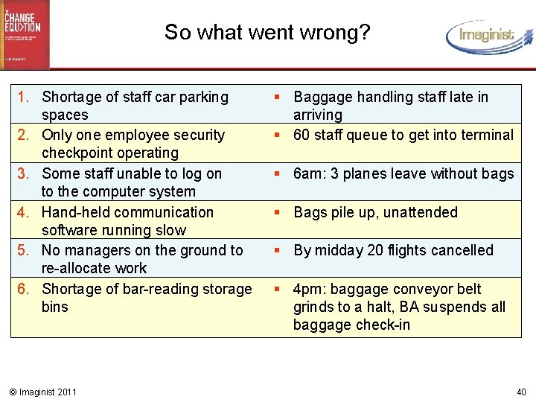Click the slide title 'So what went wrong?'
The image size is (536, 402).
click(267, 33)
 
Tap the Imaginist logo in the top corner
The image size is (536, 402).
click(488, 36)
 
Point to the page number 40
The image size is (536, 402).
click(520, 392)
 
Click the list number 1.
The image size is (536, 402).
click(24, 97)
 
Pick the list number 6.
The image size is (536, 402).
click(24, 289)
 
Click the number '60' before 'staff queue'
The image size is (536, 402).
click(302, 135)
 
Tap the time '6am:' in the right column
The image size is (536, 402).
click(309, 173)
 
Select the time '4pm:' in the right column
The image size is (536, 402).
click(309, 289)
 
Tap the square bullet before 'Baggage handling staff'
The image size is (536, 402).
click(275, 97)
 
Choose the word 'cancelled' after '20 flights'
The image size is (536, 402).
click(461, 251)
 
